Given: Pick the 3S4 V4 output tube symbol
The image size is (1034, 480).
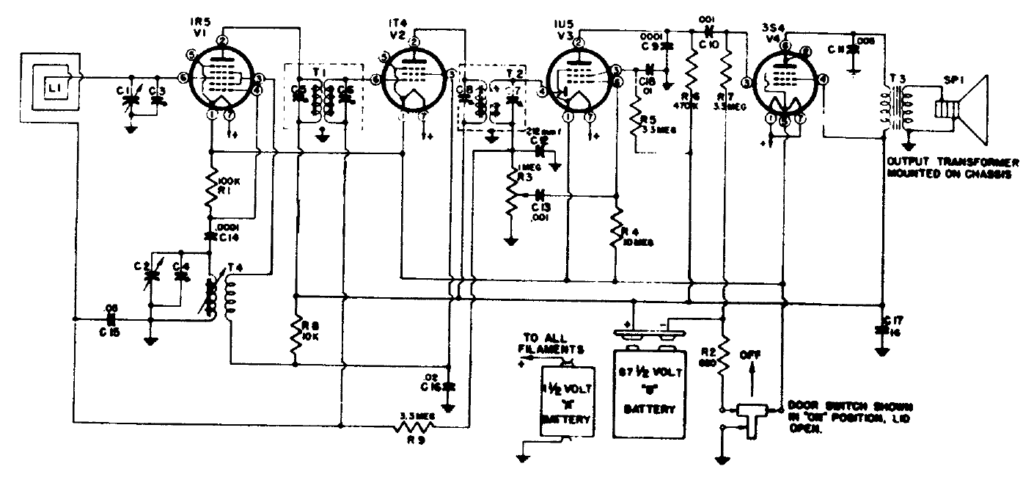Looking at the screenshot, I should point(785,81).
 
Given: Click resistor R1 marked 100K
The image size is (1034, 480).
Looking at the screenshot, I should point(211,183).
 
